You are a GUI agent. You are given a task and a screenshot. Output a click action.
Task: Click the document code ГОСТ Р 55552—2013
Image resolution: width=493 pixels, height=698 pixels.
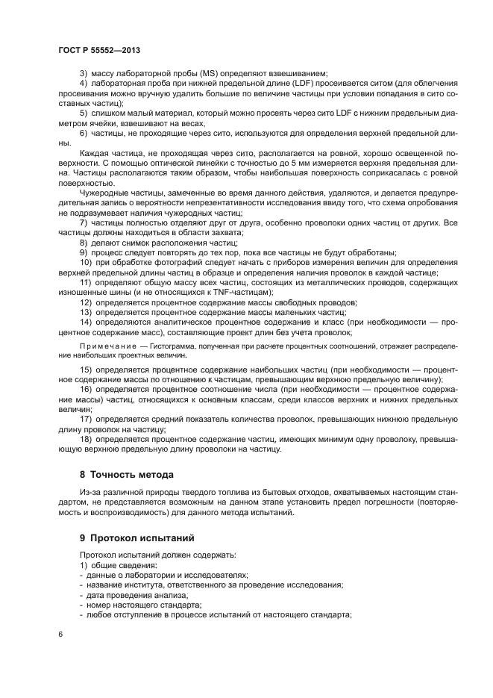coord(99,49)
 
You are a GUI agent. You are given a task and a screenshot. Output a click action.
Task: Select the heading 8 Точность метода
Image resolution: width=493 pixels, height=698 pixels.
coord(127,474)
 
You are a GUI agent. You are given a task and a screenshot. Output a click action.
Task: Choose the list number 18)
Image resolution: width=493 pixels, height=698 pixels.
coord(86,440)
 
